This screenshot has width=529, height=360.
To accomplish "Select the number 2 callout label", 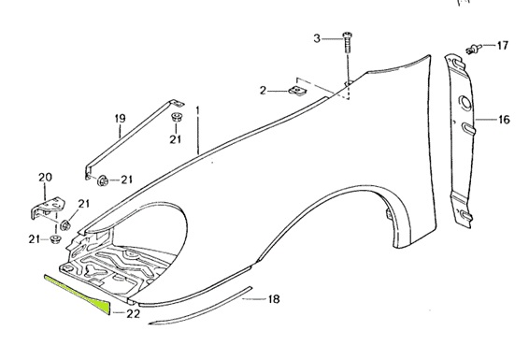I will click(264, 91).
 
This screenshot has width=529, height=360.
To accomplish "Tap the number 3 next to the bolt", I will click(316, 38).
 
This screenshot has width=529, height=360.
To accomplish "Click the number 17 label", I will click(502, 45).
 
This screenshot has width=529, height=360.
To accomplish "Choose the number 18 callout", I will click(274, 299).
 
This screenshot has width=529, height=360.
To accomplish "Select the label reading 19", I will click(120, 118).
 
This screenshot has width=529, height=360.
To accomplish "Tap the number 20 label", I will click(45, 178).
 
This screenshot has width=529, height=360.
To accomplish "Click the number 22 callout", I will click(134, 313).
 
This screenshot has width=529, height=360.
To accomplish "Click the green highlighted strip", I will click(79, 290).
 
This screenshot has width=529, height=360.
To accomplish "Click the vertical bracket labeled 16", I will click(460, 140).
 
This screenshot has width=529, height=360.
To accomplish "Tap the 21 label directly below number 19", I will click(175, 139).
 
